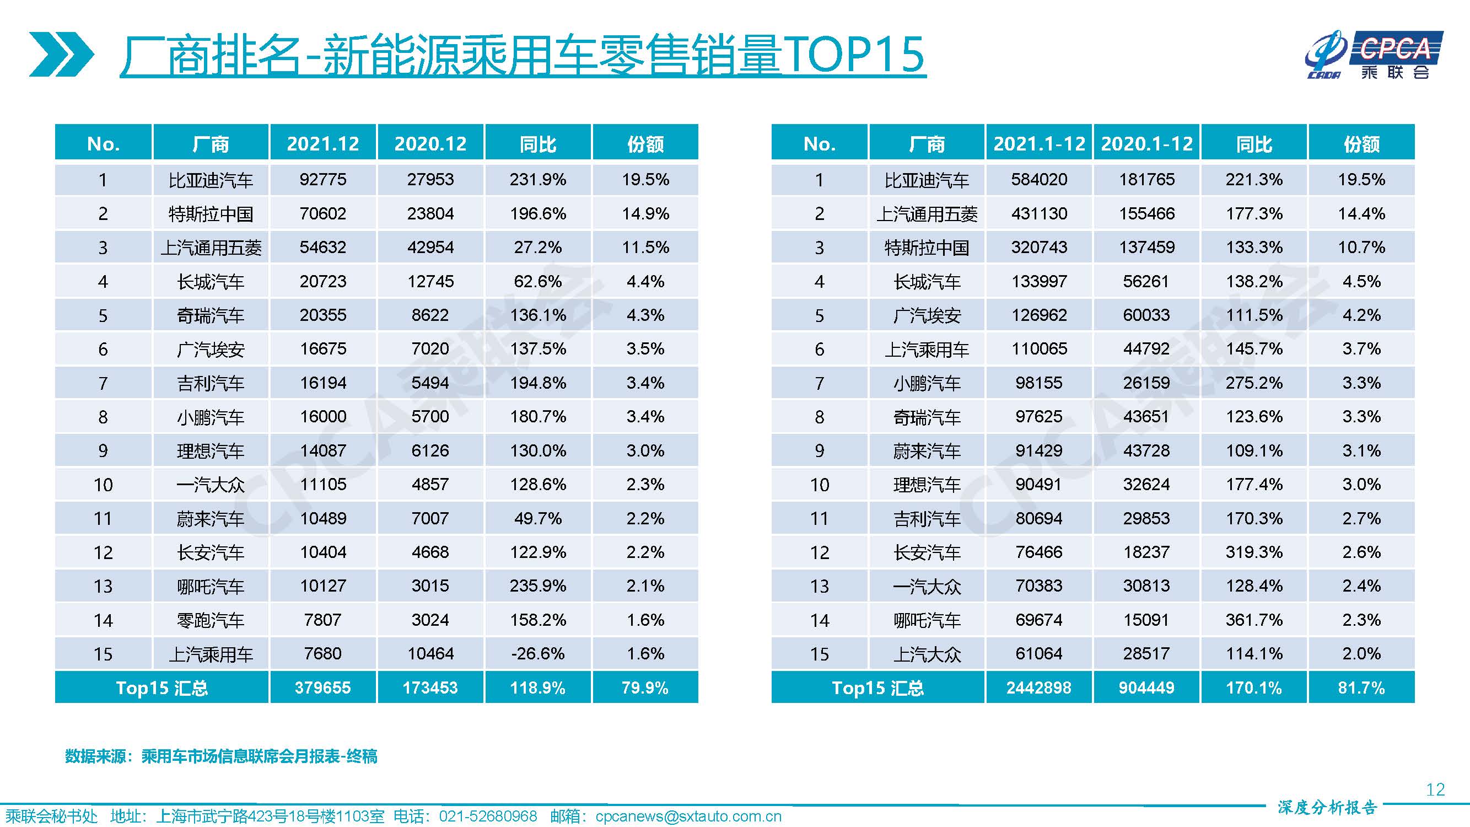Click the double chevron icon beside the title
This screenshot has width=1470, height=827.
point(61,54)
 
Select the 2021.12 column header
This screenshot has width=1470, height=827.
point(323,143)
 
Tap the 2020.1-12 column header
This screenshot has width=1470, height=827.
point(1146,143)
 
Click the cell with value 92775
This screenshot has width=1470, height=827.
point(323,179)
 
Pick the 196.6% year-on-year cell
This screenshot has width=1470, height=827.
point(537,213)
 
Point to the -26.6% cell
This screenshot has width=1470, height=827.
point(537,653)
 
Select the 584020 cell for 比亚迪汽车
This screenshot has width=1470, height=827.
point(1038,179)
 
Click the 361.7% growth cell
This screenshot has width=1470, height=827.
point(1254,620)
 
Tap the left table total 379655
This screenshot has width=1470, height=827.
point(323,688)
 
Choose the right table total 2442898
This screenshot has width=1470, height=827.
point(1038,688)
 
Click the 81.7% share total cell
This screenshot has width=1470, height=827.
point(1361,688)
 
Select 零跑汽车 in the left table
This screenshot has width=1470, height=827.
point(211,620)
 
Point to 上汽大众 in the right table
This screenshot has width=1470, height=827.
point(927,654)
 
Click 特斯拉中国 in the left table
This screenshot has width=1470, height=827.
point(211,214)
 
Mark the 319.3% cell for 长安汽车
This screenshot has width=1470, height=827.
point(1254,552)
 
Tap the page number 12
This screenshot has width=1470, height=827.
point(1435,790)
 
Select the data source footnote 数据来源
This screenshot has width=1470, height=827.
point(221,756)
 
